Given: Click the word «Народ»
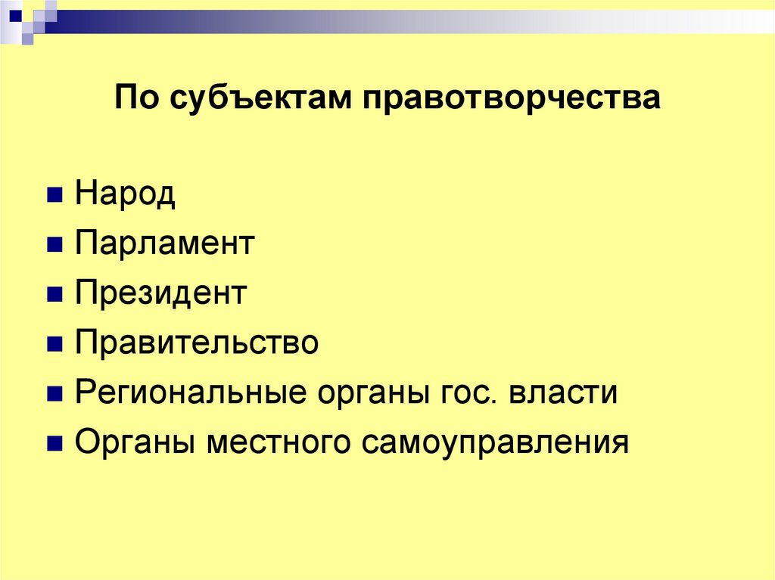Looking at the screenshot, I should (x=125, y=195).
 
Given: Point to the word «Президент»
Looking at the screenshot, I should (x=161, y=293).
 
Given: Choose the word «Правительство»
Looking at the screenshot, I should (x=197, y=343).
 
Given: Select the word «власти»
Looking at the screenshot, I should (x=563, y=393).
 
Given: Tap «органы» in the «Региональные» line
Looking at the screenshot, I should (x=367, y=395).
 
